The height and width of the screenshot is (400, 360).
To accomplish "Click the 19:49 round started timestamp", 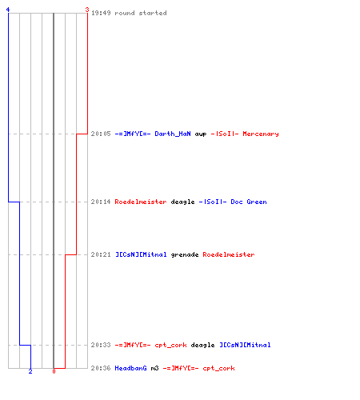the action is tap(101, 13).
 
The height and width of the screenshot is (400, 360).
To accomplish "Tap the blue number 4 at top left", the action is tap(8, 10).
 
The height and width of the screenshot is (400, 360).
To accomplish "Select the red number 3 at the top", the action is tap(87, 10).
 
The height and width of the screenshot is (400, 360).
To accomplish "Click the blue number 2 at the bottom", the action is tap(30, 371).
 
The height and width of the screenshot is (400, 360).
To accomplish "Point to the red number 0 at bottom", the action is tap(54, 371).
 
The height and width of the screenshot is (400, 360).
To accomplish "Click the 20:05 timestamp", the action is tap(101, 134).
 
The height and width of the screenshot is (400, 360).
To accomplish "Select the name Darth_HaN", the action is tap(173, 134).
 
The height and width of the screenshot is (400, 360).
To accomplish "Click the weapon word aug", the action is tap(201, 134).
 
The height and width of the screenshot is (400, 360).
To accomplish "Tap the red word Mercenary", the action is tap(261, 134).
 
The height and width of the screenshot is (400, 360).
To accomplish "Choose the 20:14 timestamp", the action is tap(101, 202).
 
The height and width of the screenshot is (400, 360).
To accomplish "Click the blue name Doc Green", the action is tap(249, 202).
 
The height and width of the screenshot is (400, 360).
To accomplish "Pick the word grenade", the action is tap(185, 254).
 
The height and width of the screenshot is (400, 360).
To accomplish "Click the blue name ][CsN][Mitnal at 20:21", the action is tap(141, 254).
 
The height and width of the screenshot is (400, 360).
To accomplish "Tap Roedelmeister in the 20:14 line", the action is tap(141, 202).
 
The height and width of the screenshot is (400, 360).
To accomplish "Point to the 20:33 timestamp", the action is tap(101, 345).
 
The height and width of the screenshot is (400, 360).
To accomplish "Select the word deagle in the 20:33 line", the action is tap(202, 345).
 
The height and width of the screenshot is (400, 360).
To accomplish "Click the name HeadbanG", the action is tap(130, 368).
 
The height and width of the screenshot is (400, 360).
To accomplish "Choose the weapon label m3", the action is tap(154, 368).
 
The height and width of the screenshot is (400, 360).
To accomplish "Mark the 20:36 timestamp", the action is tap(101, 368).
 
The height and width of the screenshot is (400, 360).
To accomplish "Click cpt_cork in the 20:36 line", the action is tap(218, 368).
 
